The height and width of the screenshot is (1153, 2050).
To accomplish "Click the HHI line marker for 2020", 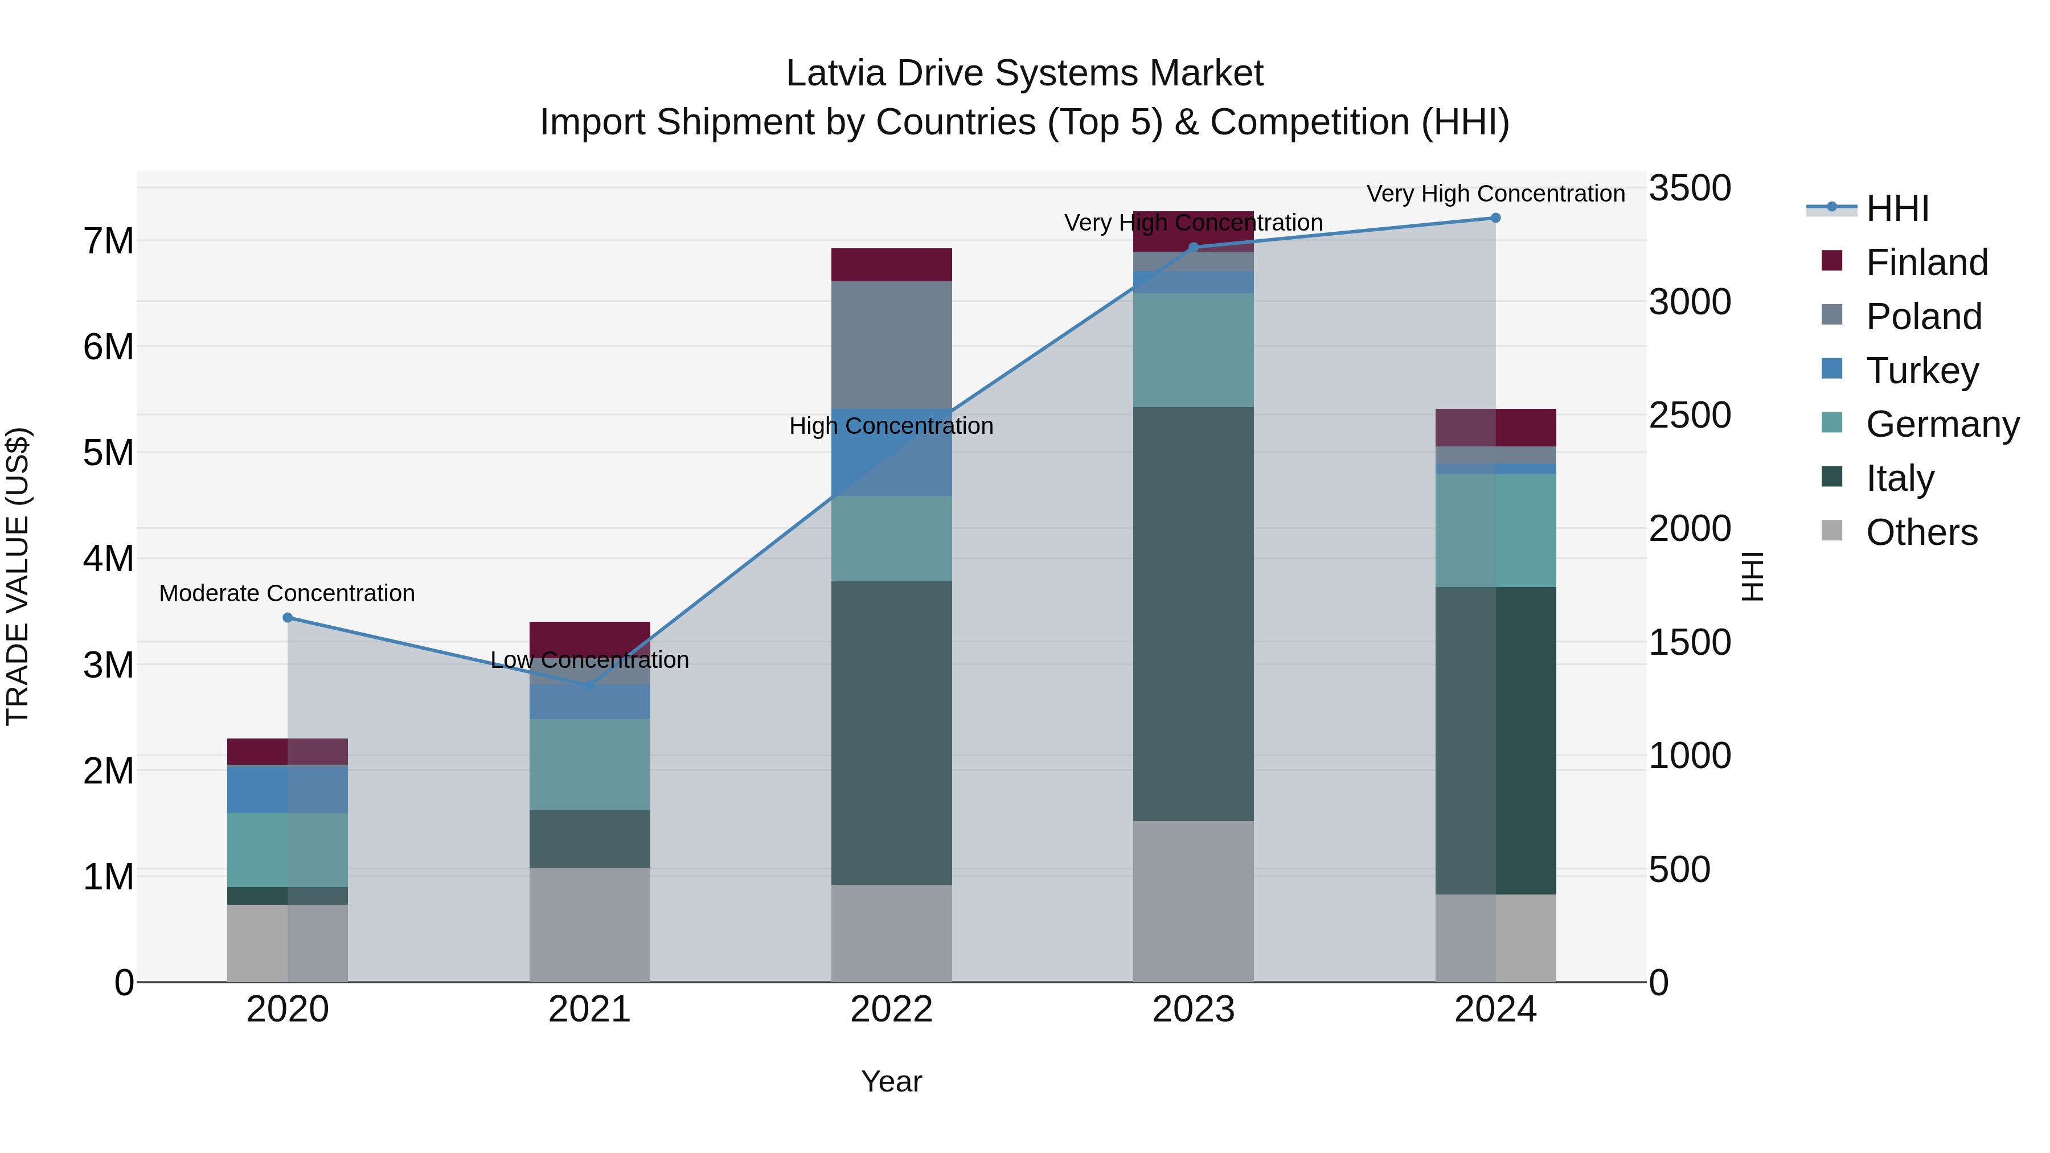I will click(x=288, y=617).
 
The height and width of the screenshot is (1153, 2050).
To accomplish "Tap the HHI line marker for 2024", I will click(x=1495, y=218).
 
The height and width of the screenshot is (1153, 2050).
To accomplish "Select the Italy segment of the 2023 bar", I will click(x=1193, y=613).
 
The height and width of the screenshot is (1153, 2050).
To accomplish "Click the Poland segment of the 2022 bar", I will click(x=891, y=344).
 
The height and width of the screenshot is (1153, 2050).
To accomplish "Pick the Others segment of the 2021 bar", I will click(x=590, y=925).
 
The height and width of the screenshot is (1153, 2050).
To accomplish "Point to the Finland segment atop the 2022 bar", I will click(x=891, y=265).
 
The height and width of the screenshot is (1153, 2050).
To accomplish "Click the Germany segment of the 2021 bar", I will click(x=590, y=765).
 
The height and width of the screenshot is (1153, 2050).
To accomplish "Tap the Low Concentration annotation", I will click(x=590, y=660).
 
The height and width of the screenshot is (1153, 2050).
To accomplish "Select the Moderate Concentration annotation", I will click(x=288, y=594).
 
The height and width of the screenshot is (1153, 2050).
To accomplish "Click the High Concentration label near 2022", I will click(x=891, y=426).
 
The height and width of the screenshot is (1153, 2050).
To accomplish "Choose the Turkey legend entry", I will click(x=1922, y=370).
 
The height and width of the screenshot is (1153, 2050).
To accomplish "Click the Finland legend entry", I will click(x=1926, y=262).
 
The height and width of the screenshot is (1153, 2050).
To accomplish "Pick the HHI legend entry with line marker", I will click(x=1897, y=208).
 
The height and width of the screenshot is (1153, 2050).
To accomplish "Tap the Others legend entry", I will click(x=1921, y=532).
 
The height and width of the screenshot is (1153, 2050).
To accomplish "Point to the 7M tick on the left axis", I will click(x=109, y=241).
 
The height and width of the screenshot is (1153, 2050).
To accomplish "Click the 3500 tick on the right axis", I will click(x=1689, y=188).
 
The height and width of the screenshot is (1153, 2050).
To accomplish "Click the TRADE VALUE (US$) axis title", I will click(x=18, y=576).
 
